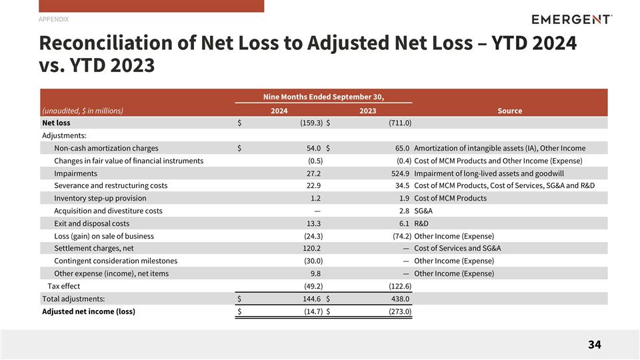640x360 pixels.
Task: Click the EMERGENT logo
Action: point(571,19)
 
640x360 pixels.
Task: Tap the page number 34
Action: point(594,345)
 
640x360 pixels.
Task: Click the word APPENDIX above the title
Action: point(53,19)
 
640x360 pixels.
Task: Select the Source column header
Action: point(510,111)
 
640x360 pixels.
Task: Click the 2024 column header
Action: point(279,111)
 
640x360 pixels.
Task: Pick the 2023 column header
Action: point(368,111)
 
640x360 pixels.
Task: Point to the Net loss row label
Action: point(56,123)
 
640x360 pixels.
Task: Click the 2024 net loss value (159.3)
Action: point(311,123)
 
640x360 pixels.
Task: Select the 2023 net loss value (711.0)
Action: point(400,123)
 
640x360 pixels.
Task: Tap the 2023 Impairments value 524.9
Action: point(400,173)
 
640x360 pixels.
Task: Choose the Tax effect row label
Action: point(64,286)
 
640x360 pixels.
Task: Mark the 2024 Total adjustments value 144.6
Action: point(312,299)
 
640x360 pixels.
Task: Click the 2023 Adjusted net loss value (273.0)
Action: point(400,311)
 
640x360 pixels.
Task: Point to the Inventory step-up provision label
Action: point(100,199)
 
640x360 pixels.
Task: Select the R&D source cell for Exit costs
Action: point(421,224)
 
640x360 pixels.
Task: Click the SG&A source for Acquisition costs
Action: point(423,211)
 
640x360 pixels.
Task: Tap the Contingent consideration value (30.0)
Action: point(313,261)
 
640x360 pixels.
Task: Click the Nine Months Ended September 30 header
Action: point(324,97)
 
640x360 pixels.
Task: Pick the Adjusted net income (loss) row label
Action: point(89,311)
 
